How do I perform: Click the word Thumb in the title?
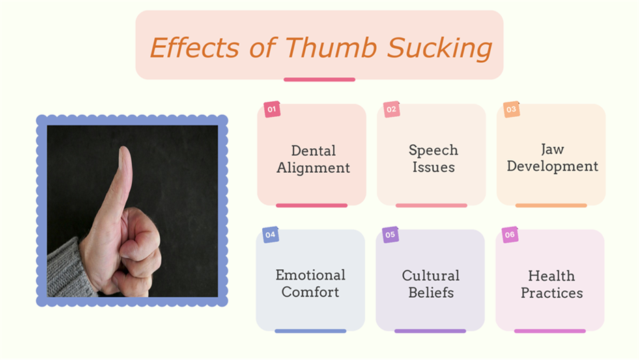point(331,47)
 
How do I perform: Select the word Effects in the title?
point(195,47)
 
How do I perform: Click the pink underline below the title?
point(319,79)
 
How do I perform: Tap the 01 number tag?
point(272,109)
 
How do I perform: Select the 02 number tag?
point(392,109)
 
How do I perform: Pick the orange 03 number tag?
point(511,109)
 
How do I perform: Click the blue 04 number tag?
point(270,235)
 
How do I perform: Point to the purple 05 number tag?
point(390,235)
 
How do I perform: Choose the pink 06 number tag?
point(510,235)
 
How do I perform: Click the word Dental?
point(313,151)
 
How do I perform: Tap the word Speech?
point(434,151)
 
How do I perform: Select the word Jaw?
point(552,149)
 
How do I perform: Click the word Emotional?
point(311,275)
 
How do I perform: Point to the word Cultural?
point(431,275)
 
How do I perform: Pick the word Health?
point(552,276)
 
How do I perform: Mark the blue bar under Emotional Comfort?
point(311,331)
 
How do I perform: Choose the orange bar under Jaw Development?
point(551,206)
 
